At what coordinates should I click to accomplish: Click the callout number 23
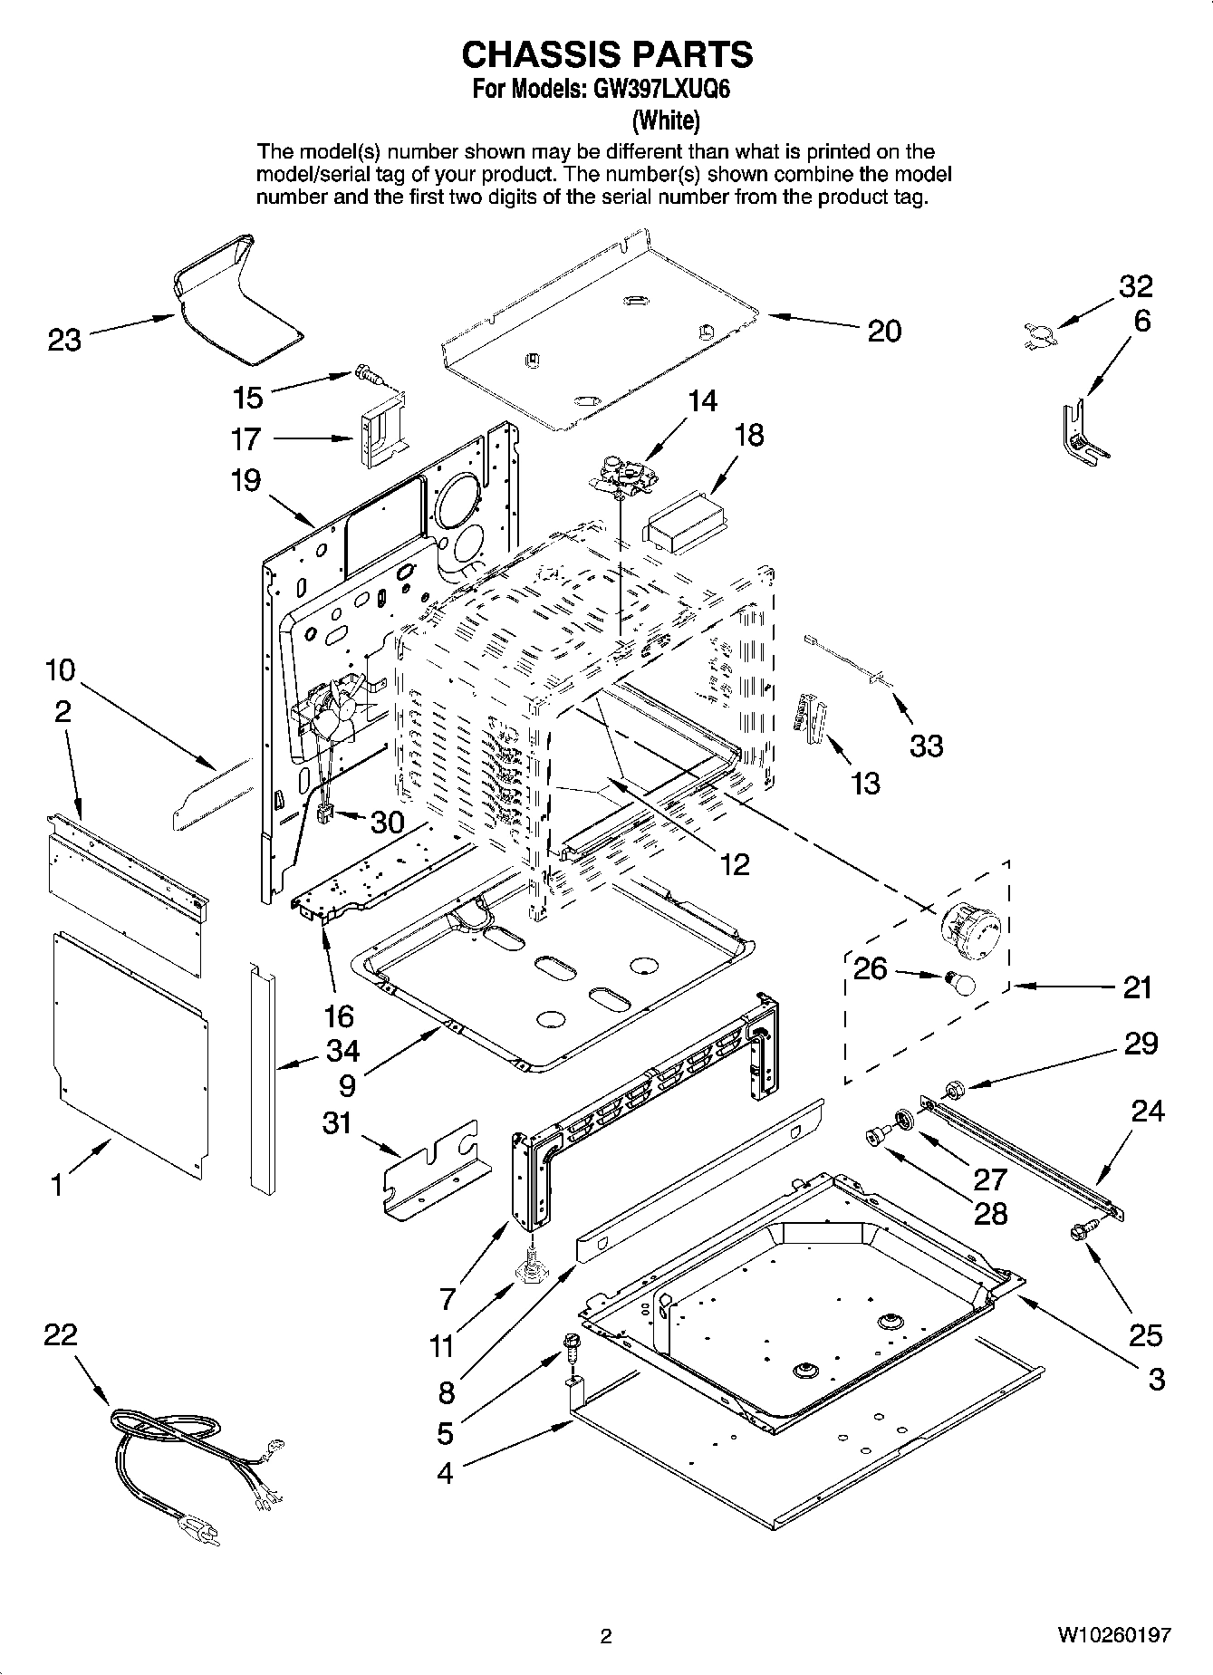64,341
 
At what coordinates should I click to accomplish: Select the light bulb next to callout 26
958,982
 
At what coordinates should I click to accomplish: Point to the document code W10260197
1112,1636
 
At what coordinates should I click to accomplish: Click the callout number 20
884,332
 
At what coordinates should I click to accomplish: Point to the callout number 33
926,746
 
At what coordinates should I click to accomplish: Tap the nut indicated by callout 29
954,1088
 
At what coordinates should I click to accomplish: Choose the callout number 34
343,1051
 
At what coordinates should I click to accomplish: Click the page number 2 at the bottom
606,1636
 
